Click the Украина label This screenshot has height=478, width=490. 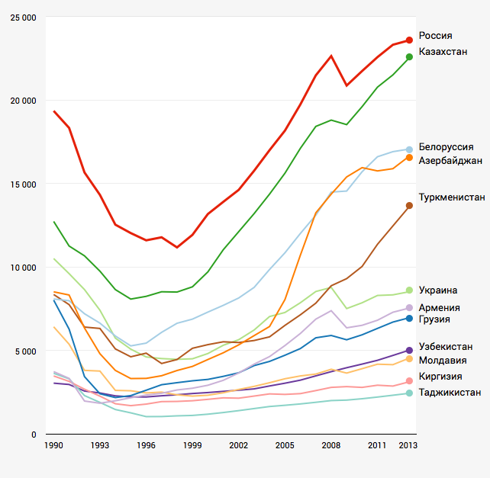click(438, 290)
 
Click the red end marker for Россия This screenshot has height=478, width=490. click(409, 40)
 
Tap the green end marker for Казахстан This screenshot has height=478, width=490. click(409, 56)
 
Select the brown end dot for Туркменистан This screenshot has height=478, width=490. click(409, 205)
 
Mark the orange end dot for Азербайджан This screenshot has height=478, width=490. click(409, 158)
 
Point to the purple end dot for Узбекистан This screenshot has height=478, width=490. click(409, 351)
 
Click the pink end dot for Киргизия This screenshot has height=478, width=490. click(409, 381)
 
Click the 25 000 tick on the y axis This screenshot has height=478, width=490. click(23, 17)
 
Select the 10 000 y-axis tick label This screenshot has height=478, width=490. click(23, 268)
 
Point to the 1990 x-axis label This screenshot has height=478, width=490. click(53, 444)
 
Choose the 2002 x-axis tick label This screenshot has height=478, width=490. click(238, 444)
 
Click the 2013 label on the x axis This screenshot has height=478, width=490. click(408, 444)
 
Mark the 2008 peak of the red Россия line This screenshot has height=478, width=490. click(331, 56)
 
